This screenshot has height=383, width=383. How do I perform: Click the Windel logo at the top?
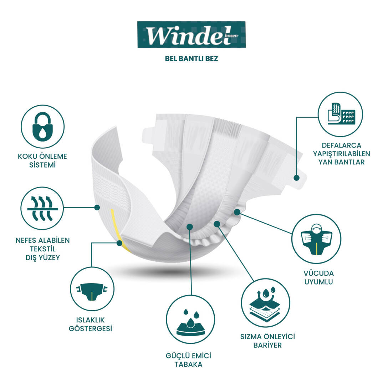click(191, 35)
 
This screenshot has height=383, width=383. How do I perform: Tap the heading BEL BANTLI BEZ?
click(191, 59)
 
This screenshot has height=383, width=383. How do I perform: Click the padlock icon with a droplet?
click(43, 127)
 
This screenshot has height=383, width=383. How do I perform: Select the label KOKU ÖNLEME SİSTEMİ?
click(43, 160)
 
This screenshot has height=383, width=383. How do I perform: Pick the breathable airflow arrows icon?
click(43, 208)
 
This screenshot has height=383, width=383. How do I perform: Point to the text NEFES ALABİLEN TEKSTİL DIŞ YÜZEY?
click(43, 248)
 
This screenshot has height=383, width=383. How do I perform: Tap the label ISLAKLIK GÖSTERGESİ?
click(90, 324)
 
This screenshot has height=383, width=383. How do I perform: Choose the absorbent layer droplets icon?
click(191, 319)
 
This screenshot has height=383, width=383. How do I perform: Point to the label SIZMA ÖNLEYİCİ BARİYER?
click(267, 341)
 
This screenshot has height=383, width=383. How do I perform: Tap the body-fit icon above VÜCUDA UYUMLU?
click(316, 239)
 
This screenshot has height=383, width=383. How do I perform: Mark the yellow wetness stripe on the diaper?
click(117, 228)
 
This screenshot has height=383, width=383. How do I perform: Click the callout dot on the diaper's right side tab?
click(296, 177)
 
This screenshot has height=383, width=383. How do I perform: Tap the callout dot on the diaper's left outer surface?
click(97, 207)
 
